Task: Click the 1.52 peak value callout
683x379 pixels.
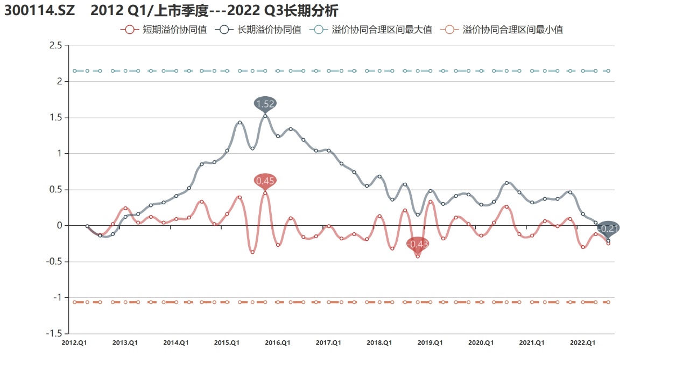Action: (x=265, y=104)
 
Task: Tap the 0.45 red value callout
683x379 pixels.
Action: (x=265, y=181)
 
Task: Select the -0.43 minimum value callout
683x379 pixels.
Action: (x=418, y=244)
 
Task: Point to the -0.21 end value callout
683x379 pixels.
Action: (x=608, y=228)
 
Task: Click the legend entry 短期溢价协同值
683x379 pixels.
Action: (x=164, y=30)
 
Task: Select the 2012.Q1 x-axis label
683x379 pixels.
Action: (x=74, y=342)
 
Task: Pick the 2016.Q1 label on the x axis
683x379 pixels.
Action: (x=278, y=342)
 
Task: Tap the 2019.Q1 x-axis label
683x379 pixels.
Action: (x=430, y=342)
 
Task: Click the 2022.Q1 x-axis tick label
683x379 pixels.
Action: (x=582, y=342)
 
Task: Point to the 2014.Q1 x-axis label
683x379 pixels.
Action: (x=176, y=342)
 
